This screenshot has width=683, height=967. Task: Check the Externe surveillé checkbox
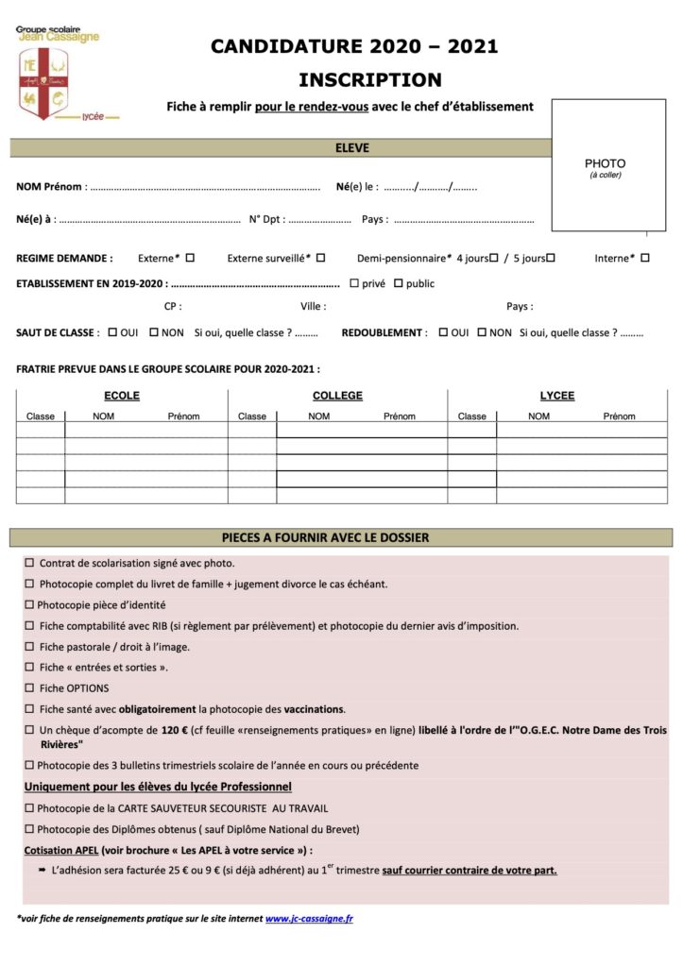pos(320,257)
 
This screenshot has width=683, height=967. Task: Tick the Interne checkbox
pos(645,257)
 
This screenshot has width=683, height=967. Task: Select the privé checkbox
pos(354,282)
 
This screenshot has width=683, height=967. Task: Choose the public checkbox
pos(398,282)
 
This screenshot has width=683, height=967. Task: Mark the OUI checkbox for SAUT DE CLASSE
pos(113,332)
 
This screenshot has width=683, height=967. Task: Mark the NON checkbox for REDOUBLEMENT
pos(482,332)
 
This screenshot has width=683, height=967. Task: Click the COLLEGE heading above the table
pos(337,396)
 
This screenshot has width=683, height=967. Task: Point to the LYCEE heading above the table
pos(557,396)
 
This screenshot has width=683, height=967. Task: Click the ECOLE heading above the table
pos(121,396)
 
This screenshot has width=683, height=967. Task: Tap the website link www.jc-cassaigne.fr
pos(309,918)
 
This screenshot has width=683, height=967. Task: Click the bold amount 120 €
pos(175,730)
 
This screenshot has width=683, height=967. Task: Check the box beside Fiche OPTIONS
pos(29,688)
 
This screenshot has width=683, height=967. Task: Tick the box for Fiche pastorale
pos(29,647)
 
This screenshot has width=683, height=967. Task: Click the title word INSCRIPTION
pos(369,79)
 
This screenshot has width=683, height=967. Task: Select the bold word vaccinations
pos(315,709)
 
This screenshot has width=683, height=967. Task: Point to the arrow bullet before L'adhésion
pos(43,871)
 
